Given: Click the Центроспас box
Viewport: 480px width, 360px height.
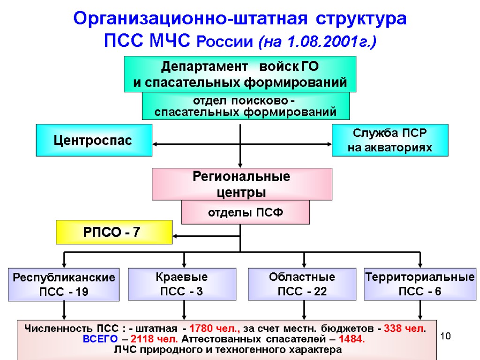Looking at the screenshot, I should (94, 140).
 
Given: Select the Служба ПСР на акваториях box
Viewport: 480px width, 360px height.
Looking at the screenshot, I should (390, 140).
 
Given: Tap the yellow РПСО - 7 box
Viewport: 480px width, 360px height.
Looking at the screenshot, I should (114, 232).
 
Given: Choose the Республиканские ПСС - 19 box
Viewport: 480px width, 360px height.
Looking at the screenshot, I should (63, 285).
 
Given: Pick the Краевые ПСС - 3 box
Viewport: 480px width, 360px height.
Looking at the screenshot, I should (181, 284).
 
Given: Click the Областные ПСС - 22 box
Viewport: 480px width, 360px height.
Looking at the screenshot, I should (302, 284).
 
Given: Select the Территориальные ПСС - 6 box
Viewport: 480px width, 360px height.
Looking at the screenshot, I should (420, 284).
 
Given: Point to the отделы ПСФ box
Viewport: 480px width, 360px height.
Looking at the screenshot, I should (246, 212).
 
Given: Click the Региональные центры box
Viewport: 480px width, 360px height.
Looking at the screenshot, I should (241, 184).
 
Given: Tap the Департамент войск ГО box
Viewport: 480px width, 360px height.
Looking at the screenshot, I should (240, 74).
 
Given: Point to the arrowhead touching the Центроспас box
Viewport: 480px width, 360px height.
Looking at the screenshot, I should (156, 144).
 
